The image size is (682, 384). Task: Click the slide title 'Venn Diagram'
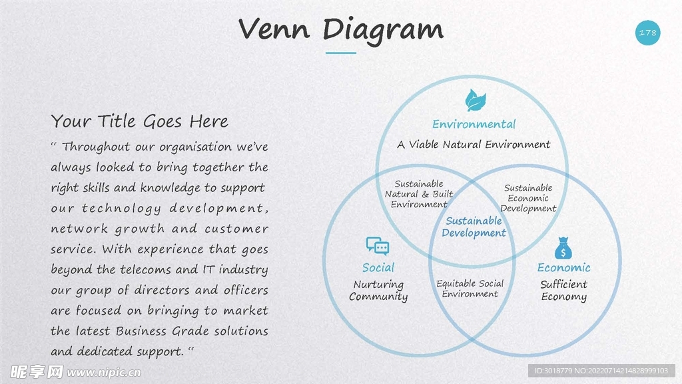click(340, 29)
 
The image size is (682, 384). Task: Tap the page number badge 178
click(647, 33)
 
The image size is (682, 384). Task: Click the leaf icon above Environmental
click(475, 100)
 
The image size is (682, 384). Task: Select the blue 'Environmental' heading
click(474, 124)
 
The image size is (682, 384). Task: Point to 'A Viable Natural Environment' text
click(474, 144)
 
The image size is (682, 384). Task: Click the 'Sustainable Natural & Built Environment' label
click(419, 194)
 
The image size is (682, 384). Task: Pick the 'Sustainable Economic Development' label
click(528, 198)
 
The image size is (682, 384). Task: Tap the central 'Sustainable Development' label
click(474, 227)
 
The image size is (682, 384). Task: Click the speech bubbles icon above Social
click(378, 247)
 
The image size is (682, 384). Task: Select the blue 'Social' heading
click(378, 267)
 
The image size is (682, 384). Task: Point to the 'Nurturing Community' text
click(378, 291)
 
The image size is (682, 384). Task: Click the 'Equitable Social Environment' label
click(470, 289)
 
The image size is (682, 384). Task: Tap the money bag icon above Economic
click(563, 248)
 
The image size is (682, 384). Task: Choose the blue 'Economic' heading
click(563, 267)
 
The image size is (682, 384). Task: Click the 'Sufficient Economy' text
click(563, 291)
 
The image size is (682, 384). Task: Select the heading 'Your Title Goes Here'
click(140, 121)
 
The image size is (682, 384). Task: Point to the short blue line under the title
click(340, 53)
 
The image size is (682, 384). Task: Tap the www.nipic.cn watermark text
click(103, 371)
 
